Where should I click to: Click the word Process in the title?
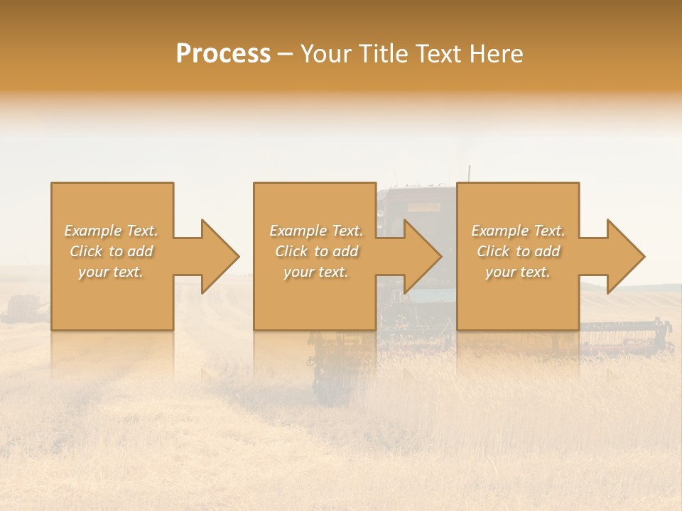(223, 54)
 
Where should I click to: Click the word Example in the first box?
(92, 231)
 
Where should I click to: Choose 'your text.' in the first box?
(111, 272)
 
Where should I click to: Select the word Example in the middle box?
(298, 231)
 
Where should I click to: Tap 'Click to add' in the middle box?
(316, 251)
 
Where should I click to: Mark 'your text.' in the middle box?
(316, 272)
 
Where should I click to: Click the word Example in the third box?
(499, 231)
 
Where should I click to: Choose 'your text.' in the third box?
(518, 272)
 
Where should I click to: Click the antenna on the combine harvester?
(469, 173)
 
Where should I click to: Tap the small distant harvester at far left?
(23, 309)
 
